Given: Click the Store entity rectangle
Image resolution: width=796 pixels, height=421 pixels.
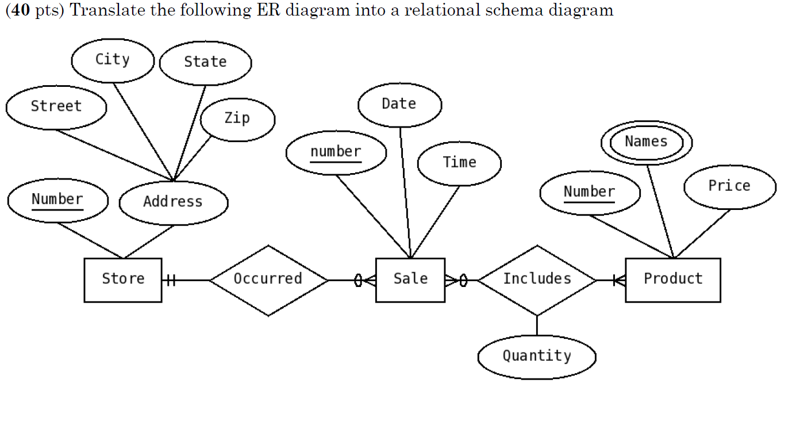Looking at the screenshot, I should click(x=123, y=280).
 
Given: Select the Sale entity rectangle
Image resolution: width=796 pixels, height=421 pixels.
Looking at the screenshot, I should click(x=410, y=280).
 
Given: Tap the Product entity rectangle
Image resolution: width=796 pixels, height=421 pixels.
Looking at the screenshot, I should click(x=672, y=280).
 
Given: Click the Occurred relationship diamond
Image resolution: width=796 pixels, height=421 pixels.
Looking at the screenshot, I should click(x=268, y=280).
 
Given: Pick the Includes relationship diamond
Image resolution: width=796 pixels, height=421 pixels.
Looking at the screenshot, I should click(x=537, y=280).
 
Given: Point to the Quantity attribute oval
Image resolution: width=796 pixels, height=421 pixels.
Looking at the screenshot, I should click(x=537, y=357).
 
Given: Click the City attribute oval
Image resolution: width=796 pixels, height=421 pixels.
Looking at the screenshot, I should click(x=113, y=60).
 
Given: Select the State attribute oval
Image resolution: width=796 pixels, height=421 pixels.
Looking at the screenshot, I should click(x=205, y=63).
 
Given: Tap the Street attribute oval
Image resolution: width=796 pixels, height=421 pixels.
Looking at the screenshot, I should click(x=56, y=107).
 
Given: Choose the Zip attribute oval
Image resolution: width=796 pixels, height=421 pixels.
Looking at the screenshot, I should click(x=237, y=119).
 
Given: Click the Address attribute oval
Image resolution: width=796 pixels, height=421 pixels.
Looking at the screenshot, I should click(x=173, y=202).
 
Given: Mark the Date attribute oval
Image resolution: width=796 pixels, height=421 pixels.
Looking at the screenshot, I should click(x=399, y=105).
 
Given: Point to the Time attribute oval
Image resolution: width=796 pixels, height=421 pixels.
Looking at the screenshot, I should click(x=459, y=163).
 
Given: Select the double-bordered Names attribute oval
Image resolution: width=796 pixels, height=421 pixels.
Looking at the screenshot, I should click(x=646, y=142).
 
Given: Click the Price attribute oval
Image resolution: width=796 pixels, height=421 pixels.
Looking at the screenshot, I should click(x=729, y=186).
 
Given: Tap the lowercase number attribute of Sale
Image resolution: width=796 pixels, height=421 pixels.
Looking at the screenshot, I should click(x=336, y=152).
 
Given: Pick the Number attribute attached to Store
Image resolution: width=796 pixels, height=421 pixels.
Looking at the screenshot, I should click(x=57, y=200).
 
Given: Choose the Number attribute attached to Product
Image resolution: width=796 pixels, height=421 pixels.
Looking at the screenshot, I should click(x=590, y=193).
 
